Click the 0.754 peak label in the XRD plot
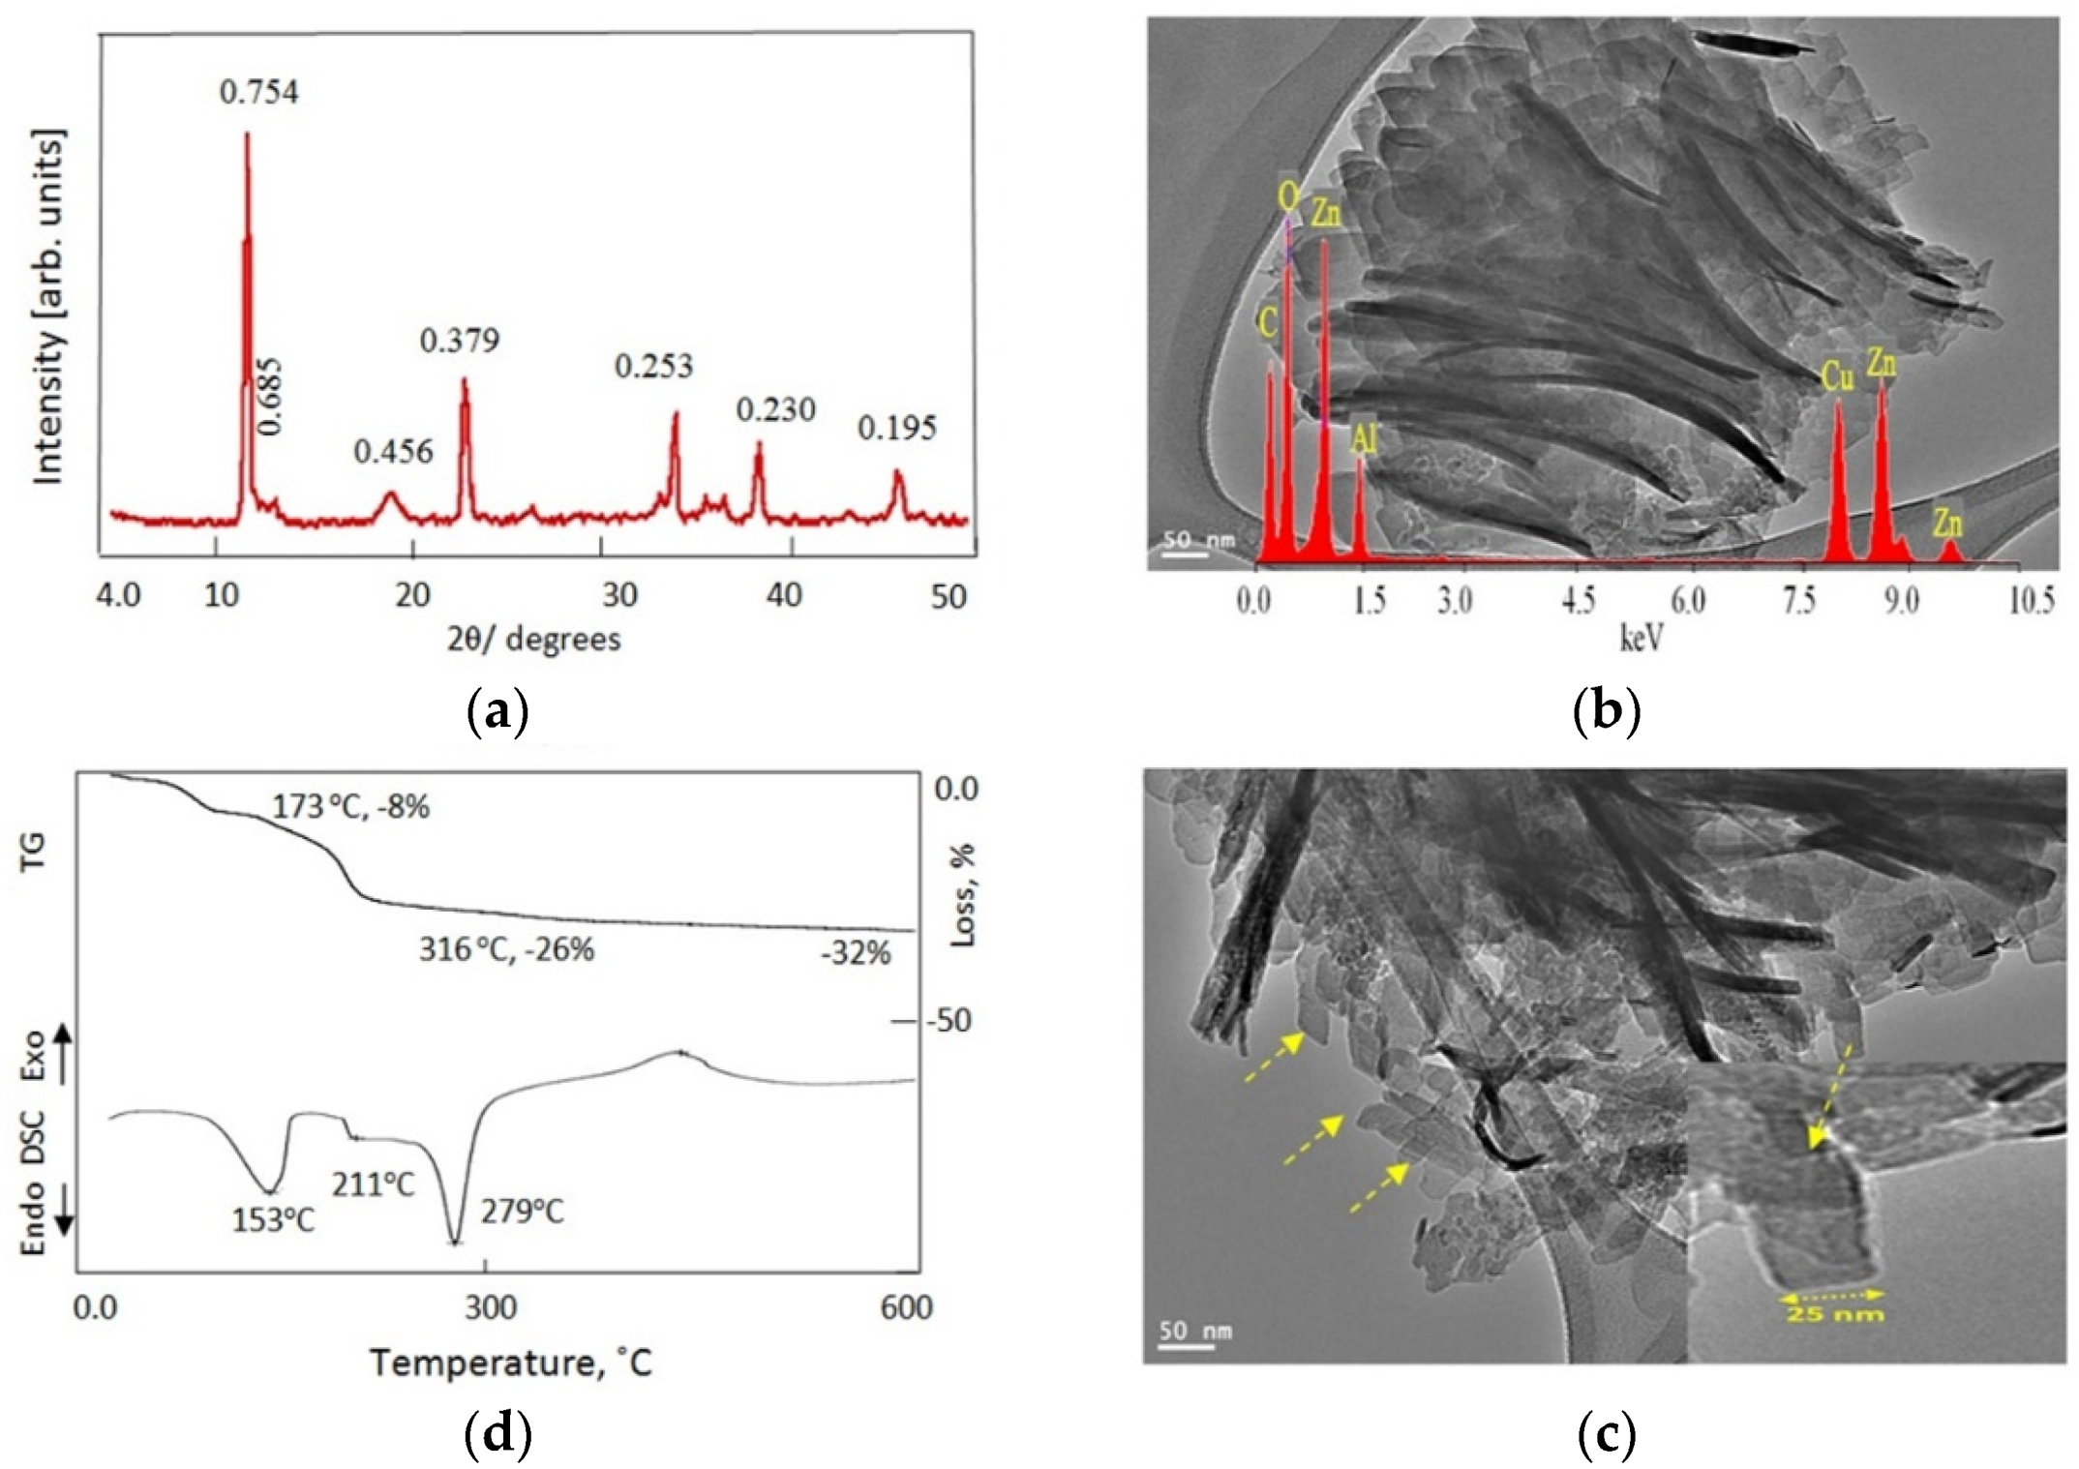point(258,93)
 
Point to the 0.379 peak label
point(460,341)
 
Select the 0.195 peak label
point(897,429)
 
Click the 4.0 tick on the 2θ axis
point(118,595)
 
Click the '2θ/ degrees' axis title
point(533,640)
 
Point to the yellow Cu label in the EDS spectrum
point(1837,376)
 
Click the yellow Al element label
point(1364,440)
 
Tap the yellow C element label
point(1268,323)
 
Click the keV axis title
point(1642,638)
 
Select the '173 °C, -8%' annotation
point(350,806)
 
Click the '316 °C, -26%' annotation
point(506,950)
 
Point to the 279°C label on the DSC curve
point(522,1211)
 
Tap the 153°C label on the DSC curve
point(273,1220)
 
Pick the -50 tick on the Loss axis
point(948,1021)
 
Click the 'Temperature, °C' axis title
point(511,1364)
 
